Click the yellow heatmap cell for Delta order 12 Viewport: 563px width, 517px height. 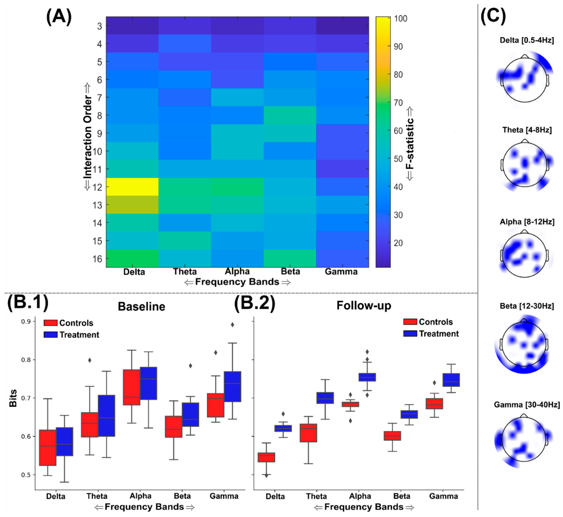pos(132,187)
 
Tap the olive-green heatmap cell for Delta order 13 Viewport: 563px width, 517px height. pos(132,204)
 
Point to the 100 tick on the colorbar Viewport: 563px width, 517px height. pos(400,19)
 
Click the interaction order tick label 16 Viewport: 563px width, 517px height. pos(97,259)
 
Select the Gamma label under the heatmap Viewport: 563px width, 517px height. pos(341,272)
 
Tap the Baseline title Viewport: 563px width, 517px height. pos(141,307)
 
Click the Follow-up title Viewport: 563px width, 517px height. pos(364,305)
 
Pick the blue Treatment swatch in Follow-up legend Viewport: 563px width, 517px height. pos(410,333)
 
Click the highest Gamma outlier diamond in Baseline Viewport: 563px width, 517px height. pos(232,324)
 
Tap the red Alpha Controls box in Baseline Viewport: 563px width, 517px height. pos(131,387)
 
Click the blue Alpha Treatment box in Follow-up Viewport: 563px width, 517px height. pos(367,377)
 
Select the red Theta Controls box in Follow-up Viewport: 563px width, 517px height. pos(308,433)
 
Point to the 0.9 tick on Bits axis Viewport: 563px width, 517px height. pos(26,322)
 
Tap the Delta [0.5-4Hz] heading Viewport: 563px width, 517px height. pos(527,40)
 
